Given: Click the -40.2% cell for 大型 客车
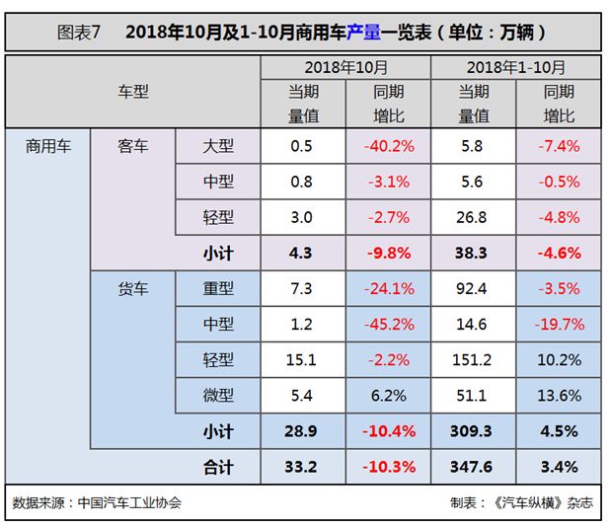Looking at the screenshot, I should [388, 146].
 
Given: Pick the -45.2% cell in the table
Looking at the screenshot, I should [388, 324].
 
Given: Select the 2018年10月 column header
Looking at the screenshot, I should [345, 68].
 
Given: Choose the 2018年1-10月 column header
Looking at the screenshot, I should [517, 68].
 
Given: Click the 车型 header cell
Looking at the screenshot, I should [133, 91].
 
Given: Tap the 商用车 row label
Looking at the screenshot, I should [46, 146].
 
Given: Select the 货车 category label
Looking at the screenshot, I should [132, 288].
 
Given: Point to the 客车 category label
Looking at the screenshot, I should [132, 146].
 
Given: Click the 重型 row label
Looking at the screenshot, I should [218, 288].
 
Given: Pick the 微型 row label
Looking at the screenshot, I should [218, 395].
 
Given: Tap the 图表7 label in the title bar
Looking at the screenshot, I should [80, 31].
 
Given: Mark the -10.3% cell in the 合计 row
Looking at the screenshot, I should [388, 466].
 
